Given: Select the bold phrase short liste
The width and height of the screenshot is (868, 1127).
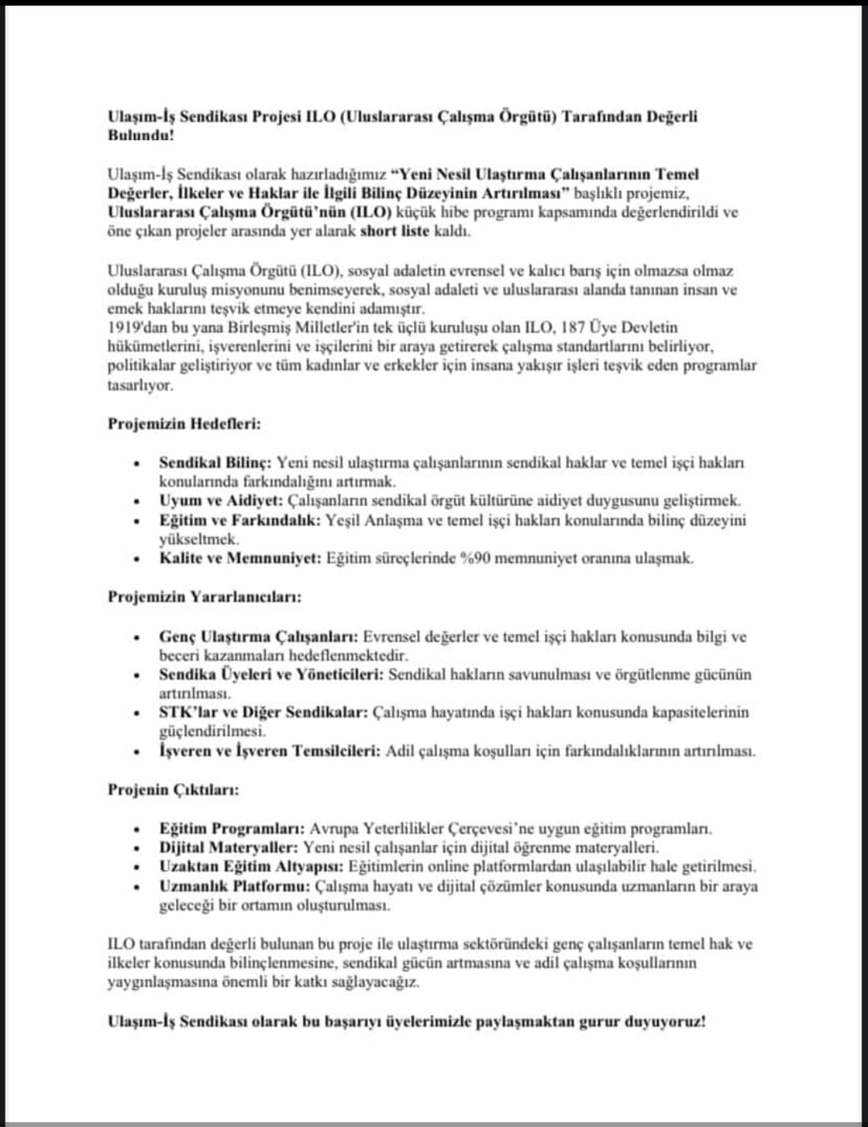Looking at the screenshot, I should pos(395,232).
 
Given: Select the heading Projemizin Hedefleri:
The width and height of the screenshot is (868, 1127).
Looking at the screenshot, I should pos(184,424).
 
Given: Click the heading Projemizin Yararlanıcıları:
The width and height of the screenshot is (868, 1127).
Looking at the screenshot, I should pos(204,597).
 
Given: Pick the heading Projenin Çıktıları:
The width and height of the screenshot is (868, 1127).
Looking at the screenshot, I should pos(174,789).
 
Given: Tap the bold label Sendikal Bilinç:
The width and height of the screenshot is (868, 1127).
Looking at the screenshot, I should pos(215,463).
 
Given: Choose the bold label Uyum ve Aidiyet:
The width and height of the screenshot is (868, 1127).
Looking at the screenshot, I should pos(221,501).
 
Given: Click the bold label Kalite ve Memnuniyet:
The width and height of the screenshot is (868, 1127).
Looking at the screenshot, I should pos(240,559).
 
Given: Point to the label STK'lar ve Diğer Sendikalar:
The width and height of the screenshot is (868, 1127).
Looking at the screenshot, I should pos(264,712).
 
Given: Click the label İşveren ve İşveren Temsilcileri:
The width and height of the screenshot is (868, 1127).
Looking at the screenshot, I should pos(269,752).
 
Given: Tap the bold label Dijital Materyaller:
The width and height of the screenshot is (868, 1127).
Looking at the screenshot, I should pos(228,847).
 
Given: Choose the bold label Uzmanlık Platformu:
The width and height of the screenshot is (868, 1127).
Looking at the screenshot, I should pos(234,887).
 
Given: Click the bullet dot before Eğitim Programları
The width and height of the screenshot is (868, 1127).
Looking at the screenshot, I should pos(138,829).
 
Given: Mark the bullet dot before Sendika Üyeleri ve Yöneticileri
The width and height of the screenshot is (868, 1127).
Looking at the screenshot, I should pos(138,675).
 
